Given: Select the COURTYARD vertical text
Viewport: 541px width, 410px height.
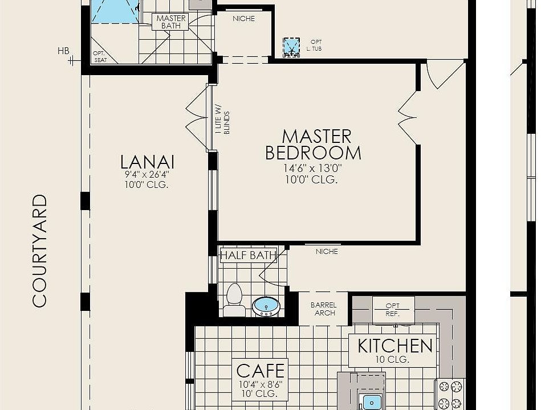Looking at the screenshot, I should [39, 251].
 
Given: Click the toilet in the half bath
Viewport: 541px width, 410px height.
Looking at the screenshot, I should [234, 298].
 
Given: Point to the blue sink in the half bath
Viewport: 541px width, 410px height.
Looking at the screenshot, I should [266, 306].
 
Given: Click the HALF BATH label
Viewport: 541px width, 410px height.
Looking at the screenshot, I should [248, 255].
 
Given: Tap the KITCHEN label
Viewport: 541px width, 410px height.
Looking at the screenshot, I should [394, 346].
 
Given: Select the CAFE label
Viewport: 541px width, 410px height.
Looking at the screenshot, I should [260, 371].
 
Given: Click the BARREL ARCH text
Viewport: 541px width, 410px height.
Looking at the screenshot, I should [323, 309].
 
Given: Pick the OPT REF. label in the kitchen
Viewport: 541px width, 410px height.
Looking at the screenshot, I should [393, 310].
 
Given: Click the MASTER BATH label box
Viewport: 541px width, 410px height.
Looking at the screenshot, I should [171, 22].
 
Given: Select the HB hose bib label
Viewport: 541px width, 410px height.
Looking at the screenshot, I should [63, 51].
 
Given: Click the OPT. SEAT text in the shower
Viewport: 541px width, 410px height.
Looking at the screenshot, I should [100, 56].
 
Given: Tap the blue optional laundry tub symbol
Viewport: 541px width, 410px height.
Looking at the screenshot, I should [291, 47].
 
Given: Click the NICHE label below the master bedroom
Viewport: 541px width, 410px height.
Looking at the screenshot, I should [327, 251].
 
